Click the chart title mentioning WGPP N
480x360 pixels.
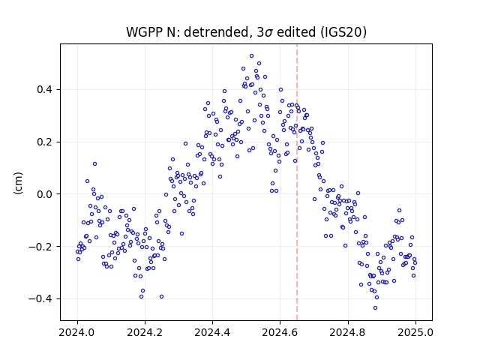coord(246,32)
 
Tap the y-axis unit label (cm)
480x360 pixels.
coord(18,183)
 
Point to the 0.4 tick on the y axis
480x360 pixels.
coord(44,90)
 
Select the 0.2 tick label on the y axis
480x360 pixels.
coord(44,142)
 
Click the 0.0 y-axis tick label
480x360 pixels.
coord(44,194)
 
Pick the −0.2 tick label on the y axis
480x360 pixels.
coord(40,247)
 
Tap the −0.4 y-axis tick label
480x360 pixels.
coord(40,298)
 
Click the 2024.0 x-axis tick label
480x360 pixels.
coord(77,332)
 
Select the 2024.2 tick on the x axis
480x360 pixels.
coord(145,332)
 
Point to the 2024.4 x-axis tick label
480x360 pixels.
coord(212,332)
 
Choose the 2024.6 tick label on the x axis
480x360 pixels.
coord(280,332)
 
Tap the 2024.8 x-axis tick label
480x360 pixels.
coord(348,332)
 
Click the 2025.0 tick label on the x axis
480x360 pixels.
coord(415,332)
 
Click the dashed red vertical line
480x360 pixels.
coord(297,182)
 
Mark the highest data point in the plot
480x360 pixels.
coord(252,56)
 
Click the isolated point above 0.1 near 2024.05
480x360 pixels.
coord(95,164)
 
